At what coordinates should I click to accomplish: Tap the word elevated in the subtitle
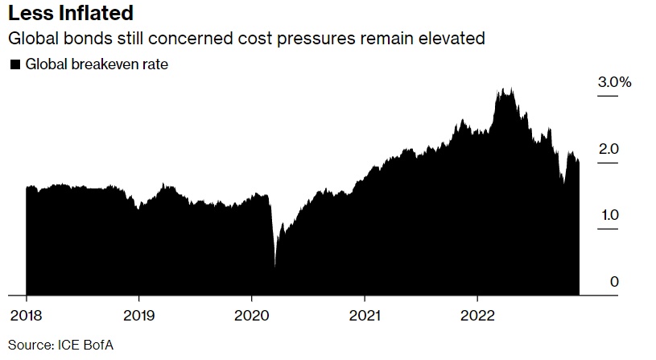tap(455, 38)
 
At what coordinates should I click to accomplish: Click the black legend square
tap(14, 64)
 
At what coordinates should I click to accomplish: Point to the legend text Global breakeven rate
tap(97, 64)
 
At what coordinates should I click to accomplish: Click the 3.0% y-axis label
tap(615, 82)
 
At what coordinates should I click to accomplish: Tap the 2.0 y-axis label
tap(609, 149)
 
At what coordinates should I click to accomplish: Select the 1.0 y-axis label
tap(609, 215)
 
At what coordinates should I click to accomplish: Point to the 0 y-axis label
tap(614, 281)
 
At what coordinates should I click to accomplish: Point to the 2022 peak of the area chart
tap(505, 90)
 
